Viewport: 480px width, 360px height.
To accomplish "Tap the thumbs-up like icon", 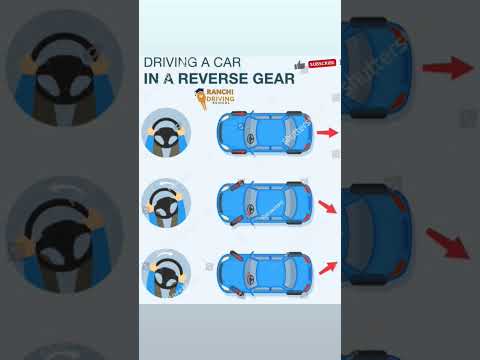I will [x=299, y=65].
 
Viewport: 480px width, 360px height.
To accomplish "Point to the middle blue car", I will [x=262, y=201].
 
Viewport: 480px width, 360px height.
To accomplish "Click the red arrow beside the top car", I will [x=327, y=131].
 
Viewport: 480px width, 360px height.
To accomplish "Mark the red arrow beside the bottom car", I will [x=327, y=265].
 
